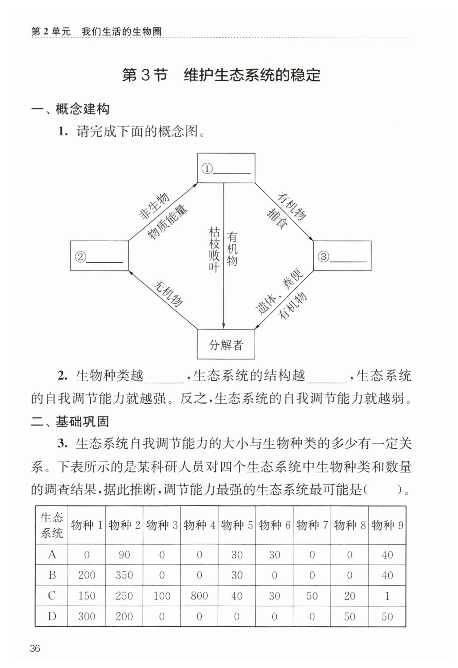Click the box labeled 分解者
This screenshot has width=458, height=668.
click(x=226, y=345)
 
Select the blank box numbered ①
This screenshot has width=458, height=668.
click(x=226, y=168)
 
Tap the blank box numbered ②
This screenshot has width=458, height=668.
click(x=99, y=256)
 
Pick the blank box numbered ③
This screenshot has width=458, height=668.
click(x=342, y=256)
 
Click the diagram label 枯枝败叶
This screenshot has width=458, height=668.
click(x=214, y=250)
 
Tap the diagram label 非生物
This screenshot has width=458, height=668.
click(x=154, y=206)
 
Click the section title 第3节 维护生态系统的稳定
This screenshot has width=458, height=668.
click(x=221, y=75)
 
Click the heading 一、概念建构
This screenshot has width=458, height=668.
click(x=70, y=109)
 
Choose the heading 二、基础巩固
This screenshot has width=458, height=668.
click(x=70, y=422)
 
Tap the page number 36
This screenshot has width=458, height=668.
click(x=35, y=649)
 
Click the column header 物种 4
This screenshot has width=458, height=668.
click(x=199, y=525)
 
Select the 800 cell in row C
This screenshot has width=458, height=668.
click(x=199, y=596)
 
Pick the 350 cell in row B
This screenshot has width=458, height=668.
click(x=124, y=575)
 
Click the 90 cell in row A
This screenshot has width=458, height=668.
click(x=124, y=555)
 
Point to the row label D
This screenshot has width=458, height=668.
click(x=52, y=616)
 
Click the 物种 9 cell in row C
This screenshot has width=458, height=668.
click(x=387, y=596)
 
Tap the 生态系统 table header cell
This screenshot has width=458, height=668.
click(x=52, y=525)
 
